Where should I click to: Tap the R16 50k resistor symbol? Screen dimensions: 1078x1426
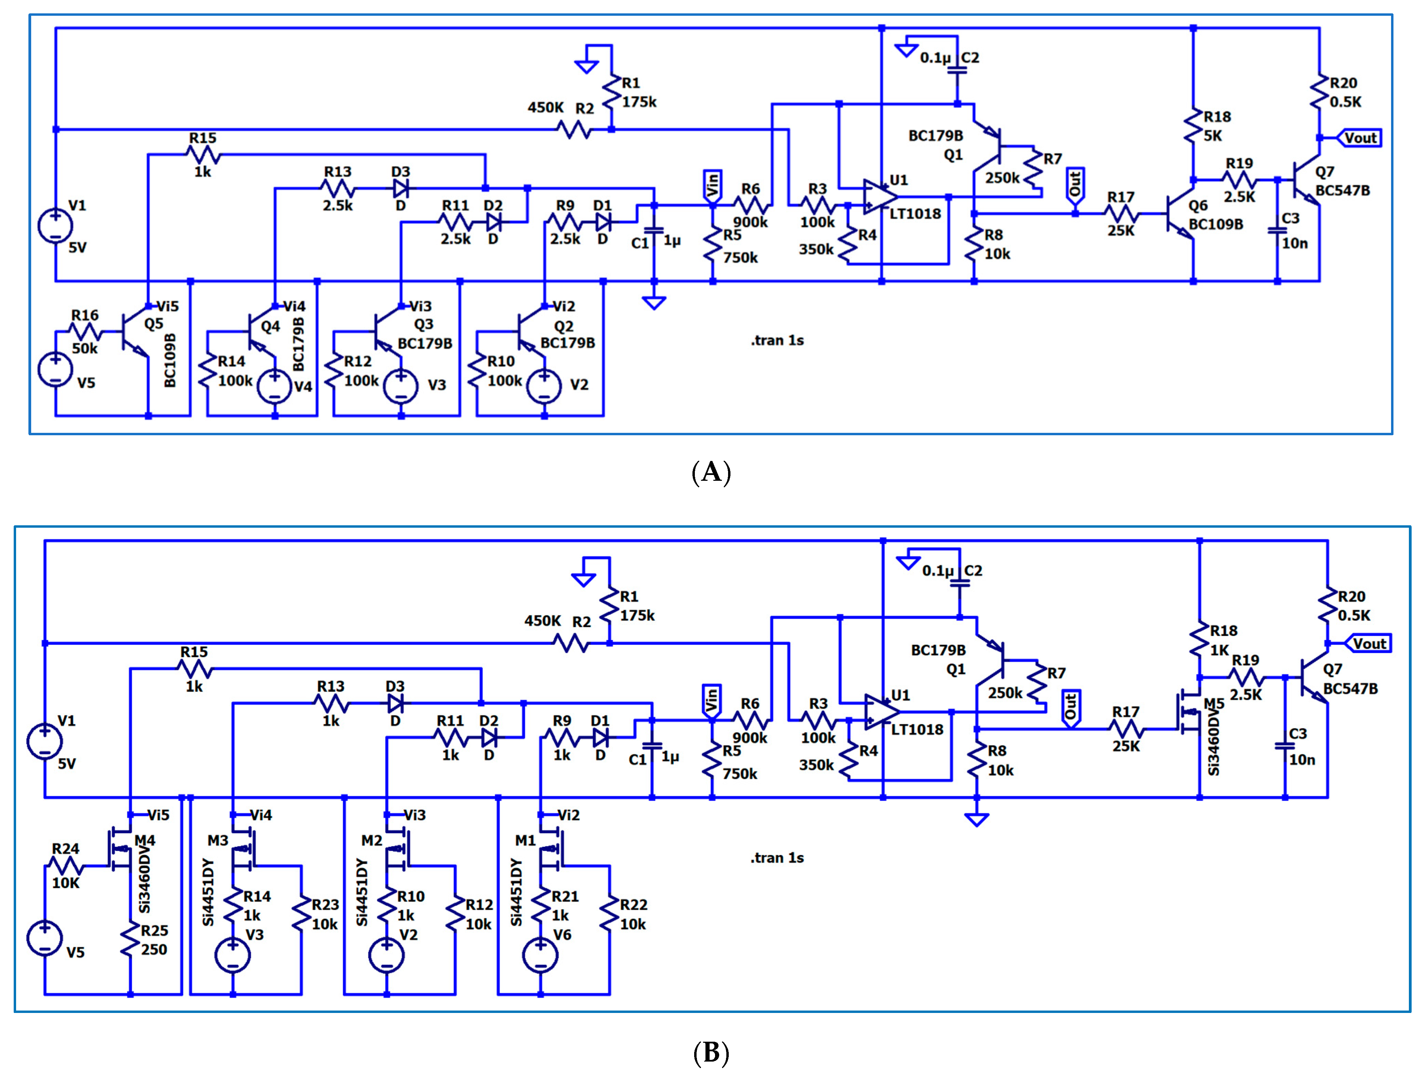tap(85, 332)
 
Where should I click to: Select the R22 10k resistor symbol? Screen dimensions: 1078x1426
tap(609, 914)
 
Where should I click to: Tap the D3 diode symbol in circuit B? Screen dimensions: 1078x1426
tap(395, 703)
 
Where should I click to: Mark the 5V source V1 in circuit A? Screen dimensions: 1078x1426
tap(55, 226)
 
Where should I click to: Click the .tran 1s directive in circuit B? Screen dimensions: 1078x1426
tap(777, 857)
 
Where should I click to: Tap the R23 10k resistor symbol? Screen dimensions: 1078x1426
tap(301, 914)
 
